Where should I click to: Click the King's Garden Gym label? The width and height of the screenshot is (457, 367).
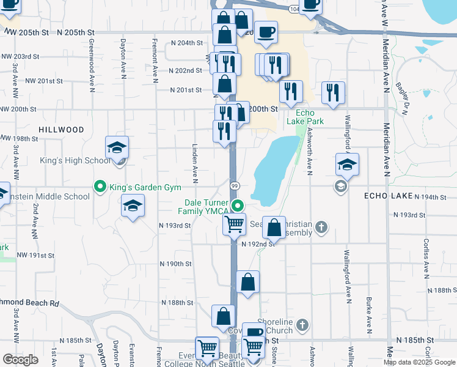[136, 187]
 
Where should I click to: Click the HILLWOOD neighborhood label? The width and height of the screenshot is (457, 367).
[61, 130]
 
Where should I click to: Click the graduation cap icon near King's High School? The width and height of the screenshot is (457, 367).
[117, 147]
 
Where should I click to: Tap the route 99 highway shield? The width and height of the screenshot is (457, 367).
[234, 185]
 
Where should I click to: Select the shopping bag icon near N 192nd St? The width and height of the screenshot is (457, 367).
[275, 228]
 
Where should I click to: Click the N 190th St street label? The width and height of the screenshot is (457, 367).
[176, 264]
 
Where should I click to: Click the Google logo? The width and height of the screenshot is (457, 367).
[20, 360]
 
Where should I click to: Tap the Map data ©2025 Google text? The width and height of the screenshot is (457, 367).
[420, 362]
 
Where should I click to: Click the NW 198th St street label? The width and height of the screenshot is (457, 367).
[20, 138]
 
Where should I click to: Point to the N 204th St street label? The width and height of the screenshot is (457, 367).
[186, 43]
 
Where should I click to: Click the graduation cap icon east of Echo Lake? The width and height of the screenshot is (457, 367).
[347, 164]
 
